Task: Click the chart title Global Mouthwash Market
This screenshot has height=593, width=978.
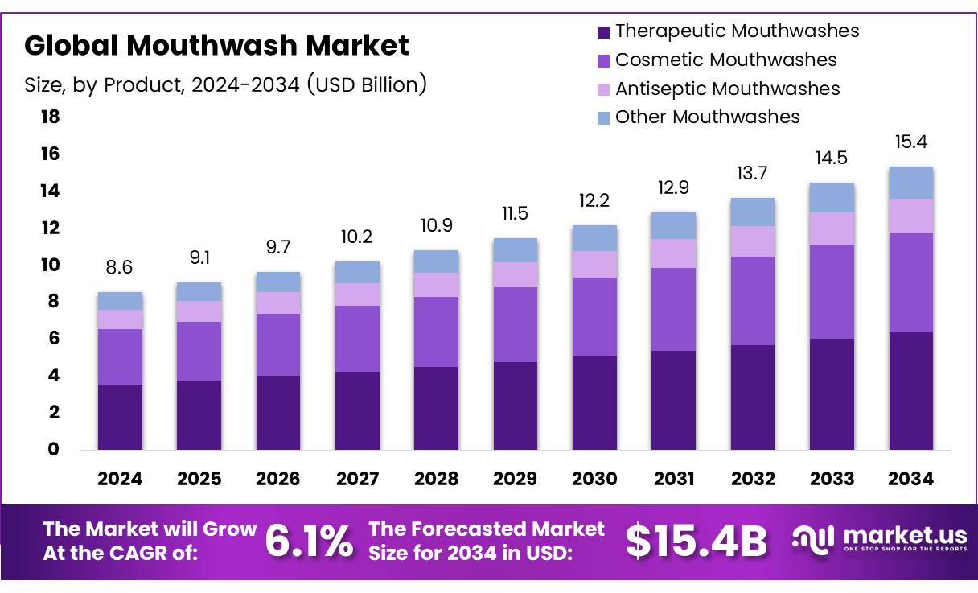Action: point(216,45)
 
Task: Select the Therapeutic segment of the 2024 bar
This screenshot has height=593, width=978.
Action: point(120,417)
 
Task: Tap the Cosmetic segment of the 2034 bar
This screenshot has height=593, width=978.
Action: point(911,282)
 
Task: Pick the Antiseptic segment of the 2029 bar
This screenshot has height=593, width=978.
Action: point(515,274)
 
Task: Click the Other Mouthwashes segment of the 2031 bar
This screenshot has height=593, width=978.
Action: point(673,225)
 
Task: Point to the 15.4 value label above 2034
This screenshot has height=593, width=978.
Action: point(911,142)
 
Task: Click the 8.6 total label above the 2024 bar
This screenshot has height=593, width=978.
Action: point(120,267)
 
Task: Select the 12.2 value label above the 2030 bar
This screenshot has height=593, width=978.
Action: point(594,200)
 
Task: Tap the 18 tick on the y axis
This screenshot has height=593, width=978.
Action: point(50,117)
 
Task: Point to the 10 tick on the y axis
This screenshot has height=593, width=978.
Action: point(50,265)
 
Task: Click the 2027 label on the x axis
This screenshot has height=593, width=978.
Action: point(357,479)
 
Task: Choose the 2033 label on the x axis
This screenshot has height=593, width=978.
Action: point(832,479)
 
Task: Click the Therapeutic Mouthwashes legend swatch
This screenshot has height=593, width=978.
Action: point(603,32)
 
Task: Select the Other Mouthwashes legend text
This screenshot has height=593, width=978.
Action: point(708,117)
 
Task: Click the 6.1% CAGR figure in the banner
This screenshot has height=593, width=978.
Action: point(309,542)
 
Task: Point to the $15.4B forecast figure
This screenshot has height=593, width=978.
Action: point(697,542)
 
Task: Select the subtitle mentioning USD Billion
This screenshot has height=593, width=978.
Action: point(225,84)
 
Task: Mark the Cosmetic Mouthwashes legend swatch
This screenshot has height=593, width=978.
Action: point(603,60)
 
